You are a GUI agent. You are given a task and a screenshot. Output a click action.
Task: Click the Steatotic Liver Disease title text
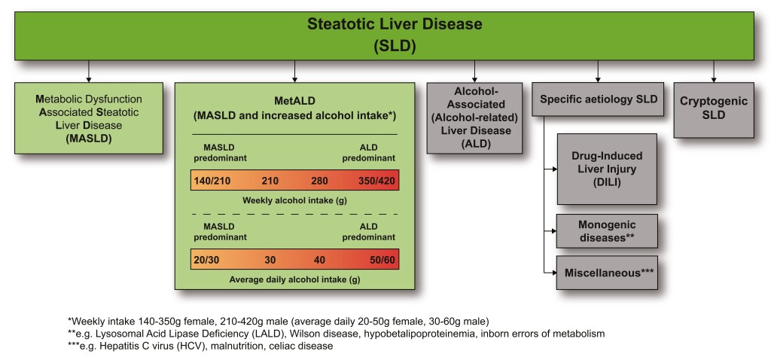point(395,24)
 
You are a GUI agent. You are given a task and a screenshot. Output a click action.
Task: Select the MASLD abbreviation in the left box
point(89,138)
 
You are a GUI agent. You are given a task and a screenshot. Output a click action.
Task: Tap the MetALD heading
point(294,102)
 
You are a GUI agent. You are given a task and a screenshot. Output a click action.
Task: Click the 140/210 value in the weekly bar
point(212,181)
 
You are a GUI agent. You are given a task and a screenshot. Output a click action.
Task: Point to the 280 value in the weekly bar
point(319,181)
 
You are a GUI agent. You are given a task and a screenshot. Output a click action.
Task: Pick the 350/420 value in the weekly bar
point(376,181)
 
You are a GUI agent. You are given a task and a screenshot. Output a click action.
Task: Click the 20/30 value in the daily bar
point(206,260)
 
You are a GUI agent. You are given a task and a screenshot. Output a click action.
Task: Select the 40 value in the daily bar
point(319,260)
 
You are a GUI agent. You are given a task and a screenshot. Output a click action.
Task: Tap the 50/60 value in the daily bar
point(382,260)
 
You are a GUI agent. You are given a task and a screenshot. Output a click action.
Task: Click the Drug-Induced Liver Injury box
point(607,169)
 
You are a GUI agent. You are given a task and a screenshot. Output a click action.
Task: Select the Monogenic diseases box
point(607,230)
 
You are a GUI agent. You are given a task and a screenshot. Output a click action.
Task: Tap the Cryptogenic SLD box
point(714,110)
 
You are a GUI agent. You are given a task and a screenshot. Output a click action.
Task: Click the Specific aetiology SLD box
point(599,99)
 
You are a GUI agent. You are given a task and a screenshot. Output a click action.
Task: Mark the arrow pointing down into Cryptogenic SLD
point(714,71)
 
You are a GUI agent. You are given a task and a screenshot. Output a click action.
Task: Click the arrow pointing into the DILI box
point(550,169)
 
